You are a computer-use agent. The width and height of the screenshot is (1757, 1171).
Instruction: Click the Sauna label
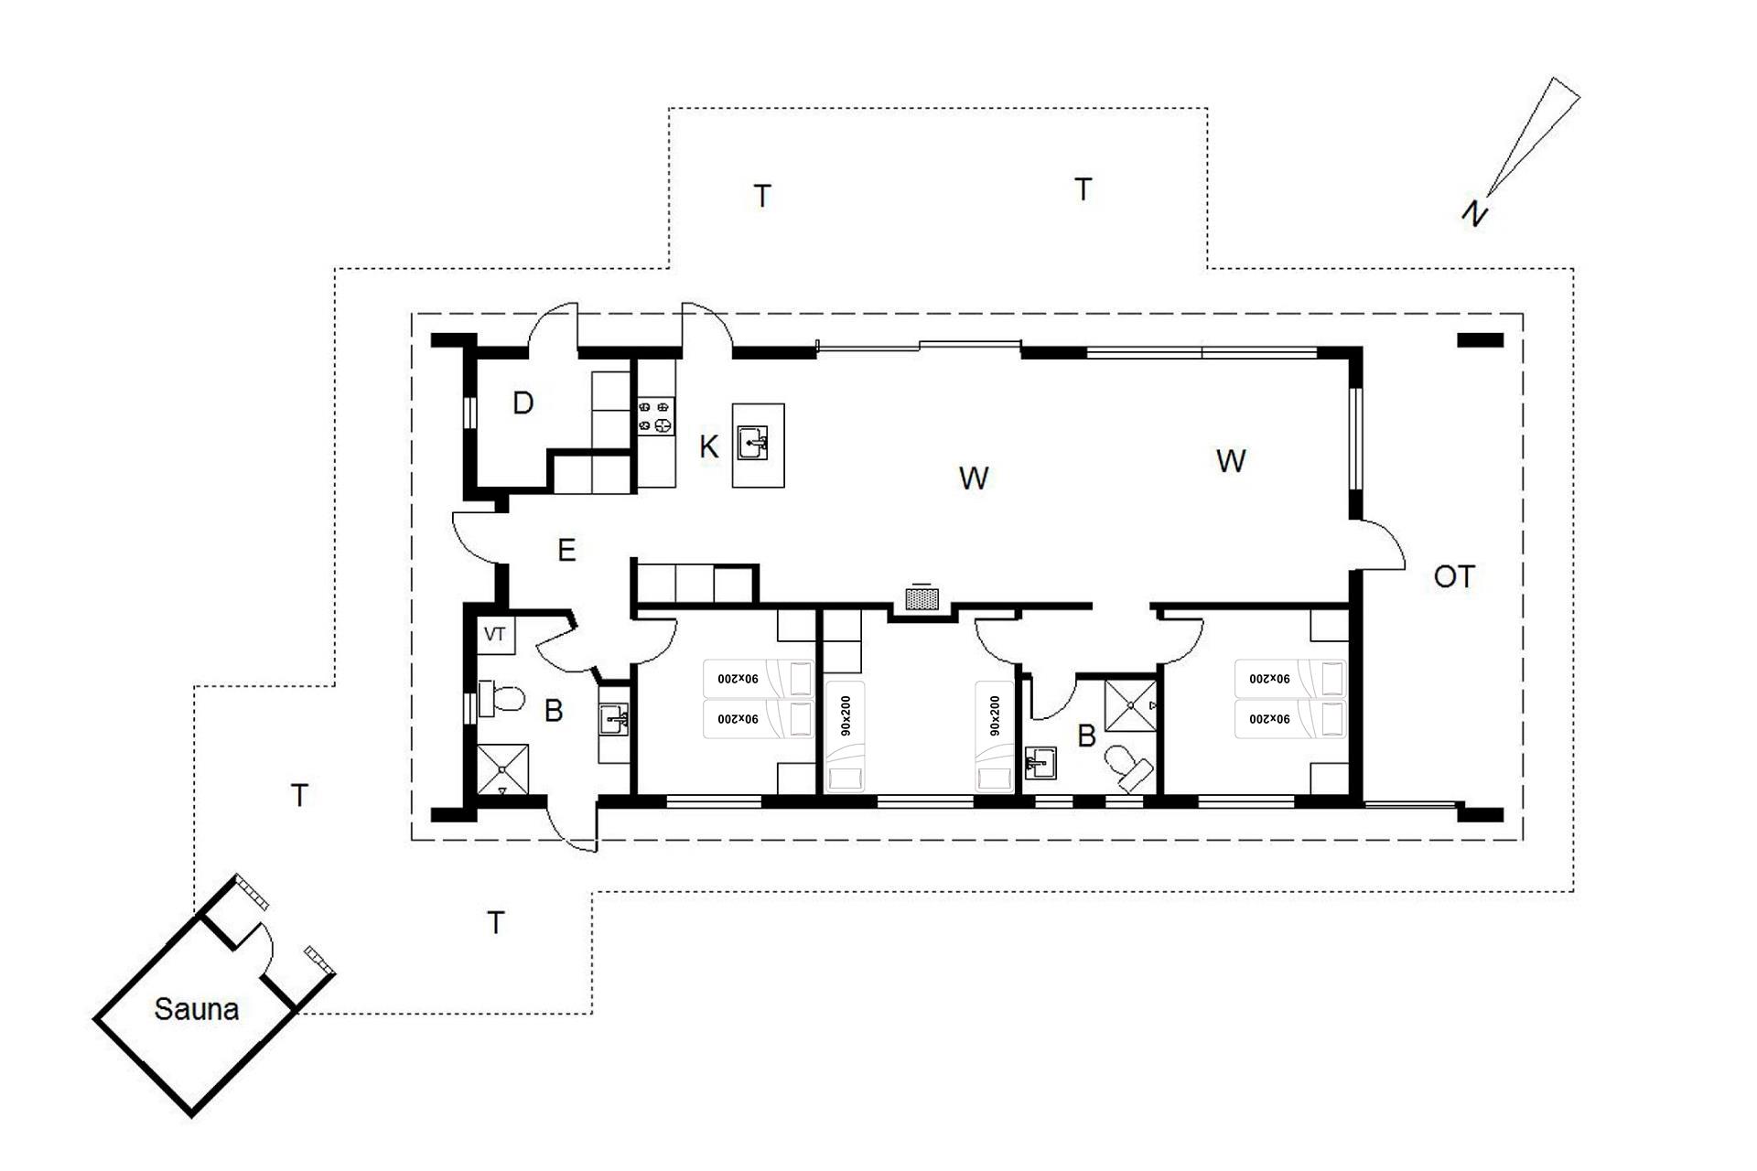click(x=197, y=1009)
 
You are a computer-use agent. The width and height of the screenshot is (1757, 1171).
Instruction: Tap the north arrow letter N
click(x=1473, y=213)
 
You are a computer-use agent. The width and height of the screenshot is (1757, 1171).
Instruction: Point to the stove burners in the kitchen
click(x=656, y=415)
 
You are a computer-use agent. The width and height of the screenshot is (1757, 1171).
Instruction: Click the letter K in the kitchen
click(x=708, y=447)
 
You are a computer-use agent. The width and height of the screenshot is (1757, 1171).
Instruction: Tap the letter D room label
click(x=523, y=403)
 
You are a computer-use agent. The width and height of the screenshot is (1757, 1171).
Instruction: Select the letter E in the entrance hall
click(x=566, y=550)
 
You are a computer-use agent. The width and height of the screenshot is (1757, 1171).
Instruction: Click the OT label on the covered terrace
click(x=1454, y=576)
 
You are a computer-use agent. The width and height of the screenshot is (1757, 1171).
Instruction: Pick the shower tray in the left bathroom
click(x=502, y=770)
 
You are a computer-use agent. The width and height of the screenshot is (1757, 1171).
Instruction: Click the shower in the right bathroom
click(x=1131, y=705)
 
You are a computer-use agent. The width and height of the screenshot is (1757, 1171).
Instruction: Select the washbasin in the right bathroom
click(x=1040, y=763)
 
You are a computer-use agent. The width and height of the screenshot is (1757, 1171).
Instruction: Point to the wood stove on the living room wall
click(x=922, y=598)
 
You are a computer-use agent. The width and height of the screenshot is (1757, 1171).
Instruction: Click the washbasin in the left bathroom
click(x=614, y=720)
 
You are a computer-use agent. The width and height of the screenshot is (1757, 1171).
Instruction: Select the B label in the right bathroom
click(x=1086, y=736)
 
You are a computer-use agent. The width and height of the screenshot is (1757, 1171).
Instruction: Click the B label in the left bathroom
click(x=554, y=711)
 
